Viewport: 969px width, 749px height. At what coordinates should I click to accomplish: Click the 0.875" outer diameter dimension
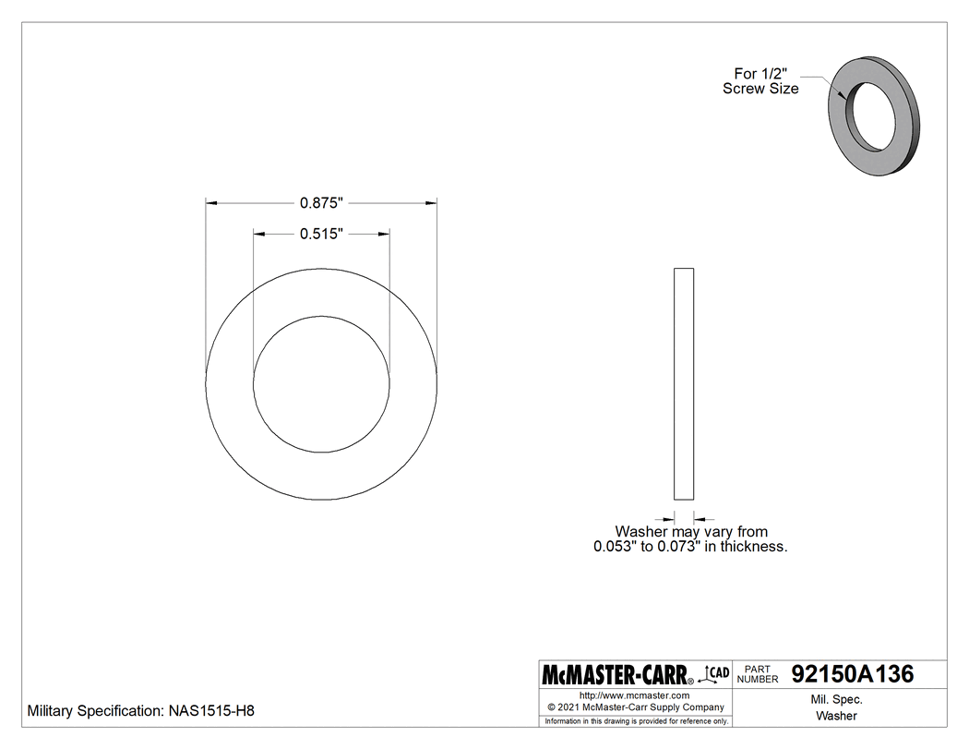click(x=321, y=202)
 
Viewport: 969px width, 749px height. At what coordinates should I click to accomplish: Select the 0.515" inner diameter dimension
click(x=321, y=235)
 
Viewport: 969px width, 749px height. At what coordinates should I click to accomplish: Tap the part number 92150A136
click(x=853, y=674)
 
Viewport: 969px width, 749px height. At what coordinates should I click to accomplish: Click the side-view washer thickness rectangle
click(x=684, y=383)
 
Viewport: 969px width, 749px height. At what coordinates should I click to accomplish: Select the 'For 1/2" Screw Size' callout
click(x=760, y=81)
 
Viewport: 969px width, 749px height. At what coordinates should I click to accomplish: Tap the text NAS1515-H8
click(x=210, y=712)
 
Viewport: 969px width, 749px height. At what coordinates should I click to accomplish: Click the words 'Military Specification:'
click(x=96, y=712)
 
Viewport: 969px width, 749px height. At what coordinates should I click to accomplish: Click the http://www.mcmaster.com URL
click(x=634, y=695)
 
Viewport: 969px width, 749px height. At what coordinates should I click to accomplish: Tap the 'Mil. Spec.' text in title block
click(x=836, y=700)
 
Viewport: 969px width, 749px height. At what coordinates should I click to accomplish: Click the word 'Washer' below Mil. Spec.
click(x=836, y=716)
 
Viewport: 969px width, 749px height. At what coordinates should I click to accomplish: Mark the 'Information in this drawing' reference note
click(x=637, y=720)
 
